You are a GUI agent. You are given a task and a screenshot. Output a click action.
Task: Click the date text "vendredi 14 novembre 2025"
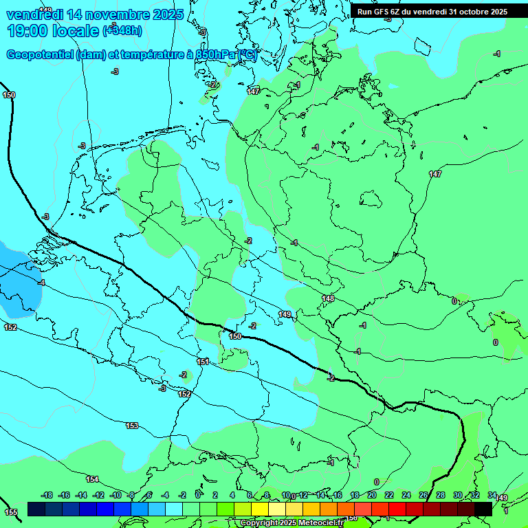pyautogui.click(x=95, y=14)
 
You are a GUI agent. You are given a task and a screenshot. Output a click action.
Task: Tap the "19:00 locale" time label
pyautogui.click(x=53, y=30)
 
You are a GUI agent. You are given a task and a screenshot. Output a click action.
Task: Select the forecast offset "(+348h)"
pyautogui.click(x=122, y=30)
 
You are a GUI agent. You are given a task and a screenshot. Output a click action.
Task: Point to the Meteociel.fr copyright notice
pyautogui.click(x=291, y=523)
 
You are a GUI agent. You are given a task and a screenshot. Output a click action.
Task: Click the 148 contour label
pyautogui.click(x=328, y=298)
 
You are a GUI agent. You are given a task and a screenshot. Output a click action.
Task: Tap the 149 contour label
pyautogui.click(x=285, y=314)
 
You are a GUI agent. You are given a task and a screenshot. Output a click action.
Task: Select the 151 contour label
pyautogui.click(x=203, y=362)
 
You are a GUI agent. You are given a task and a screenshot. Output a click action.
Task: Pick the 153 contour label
pyautogui.click(x=131, y=426)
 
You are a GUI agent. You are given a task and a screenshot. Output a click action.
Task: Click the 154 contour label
pyautogui.click(x=92, y=479)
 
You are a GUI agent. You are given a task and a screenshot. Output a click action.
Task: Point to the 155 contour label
pyautogui.click(x=11, y=512)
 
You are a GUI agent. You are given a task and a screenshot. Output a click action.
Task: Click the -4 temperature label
pyautogui.click(x=42, y=283)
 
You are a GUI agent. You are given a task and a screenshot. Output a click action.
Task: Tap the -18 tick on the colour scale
pyautogui.click(x=47, y=495)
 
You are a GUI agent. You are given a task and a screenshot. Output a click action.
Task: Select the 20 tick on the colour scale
pyautogui.click(x=371, y=495)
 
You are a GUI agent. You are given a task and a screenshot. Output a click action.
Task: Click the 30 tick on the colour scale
pyautogui.click(x=457, y=495)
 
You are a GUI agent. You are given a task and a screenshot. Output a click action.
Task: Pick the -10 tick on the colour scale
pyautogui.click(x=115, y=495)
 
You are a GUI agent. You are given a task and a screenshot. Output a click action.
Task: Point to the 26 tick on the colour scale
pyautogui.click(x=423, y=495)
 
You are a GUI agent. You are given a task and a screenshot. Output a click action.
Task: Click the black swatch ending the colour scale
pyautogui.click(x=483, y=509)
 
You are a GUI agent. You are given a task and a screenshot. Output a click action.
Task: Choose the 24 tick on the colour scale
pyautogui.click(x=406, y=495)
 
